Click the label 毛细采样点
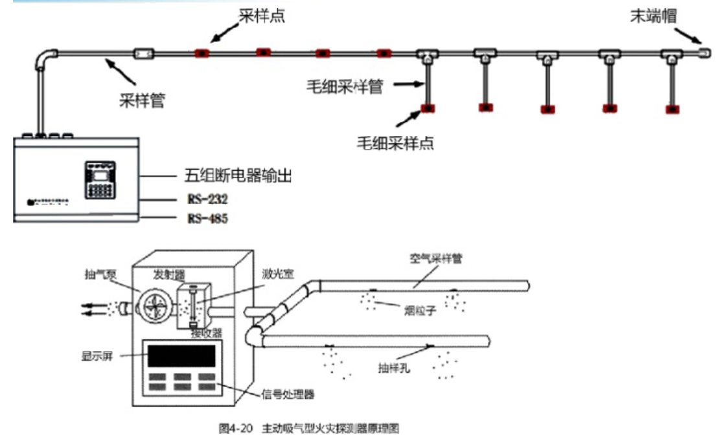click(395, 142)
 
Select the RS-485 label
click(207, 219)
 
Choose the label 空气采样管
click(435, 258)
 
